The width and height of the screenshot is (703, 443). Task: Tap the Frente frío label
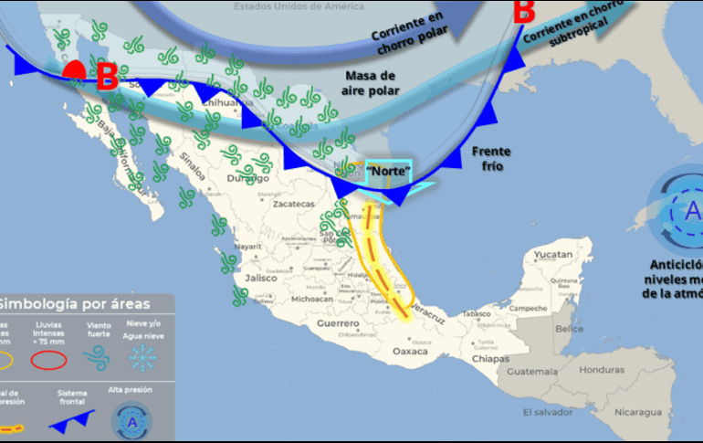pos(491,159)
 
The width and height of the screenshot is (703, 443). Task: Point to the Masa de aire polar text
pos(370,82)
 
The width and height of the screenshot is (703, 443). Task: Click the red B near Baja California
pos(107,77)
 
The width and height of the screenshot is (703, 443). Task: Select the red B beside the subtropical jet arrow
pos(523,13)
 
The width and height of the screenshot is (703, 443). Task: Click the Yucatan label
pos(552,254)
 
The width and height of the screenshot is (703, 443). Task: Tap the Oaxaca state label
pos(410,351)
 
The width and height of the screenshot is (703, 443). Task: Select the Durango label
pos(242,179)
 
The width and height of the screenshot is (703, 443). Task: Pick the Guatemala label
pos(533,373)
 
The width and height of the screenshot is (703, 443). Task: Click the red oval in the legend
pos(50,359)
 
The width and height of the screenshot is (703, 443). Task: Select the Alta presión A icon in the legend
pos(131,421)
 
